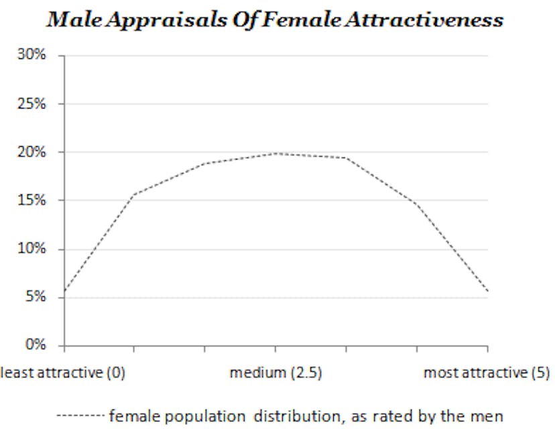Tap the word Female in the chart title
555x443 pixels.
pyautogui.click(x=302, y=20)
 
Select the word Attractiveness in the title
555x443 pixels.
pyautogui.click(x=424, y=20)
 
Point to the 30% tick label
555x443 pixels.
pyautogui.click(x=33, y=55)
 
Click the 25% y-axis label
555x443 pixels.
pyautogui.click(x=33, y=104)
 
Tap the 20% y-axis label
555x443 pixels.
pyautogui.click(x=33, y=152)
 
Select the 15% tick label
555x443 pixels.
pyautogui.click(x=33, y=200)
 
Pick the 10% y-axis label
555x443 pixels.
pyautogui.click(x=33, y=249)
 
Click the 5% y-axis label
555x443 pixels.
pyautogui.click(x=36, y=297)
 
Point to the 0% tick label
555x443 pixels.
pyautogui.click(x=36, y=345)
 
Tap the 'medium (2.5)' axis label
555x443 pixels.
pyautogui.click(x=275, y=373)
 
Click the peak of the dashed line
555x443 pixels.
pyautogui.click(x=275, y=153)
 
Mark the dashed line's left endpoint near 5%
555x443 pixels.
pyautogui.click(x=65, y=292)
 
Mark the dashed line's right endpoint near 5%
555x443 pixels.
pyautogui.click(x=487, y=292)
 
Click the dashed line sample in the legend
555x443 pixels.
pyautogui.click(x=79, y=416)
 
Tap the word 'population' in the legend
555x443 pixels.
pyautogui.click(x=211, y=416)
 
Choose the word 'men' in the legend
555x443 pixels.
pyautogui.click(x=489, y=416)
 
